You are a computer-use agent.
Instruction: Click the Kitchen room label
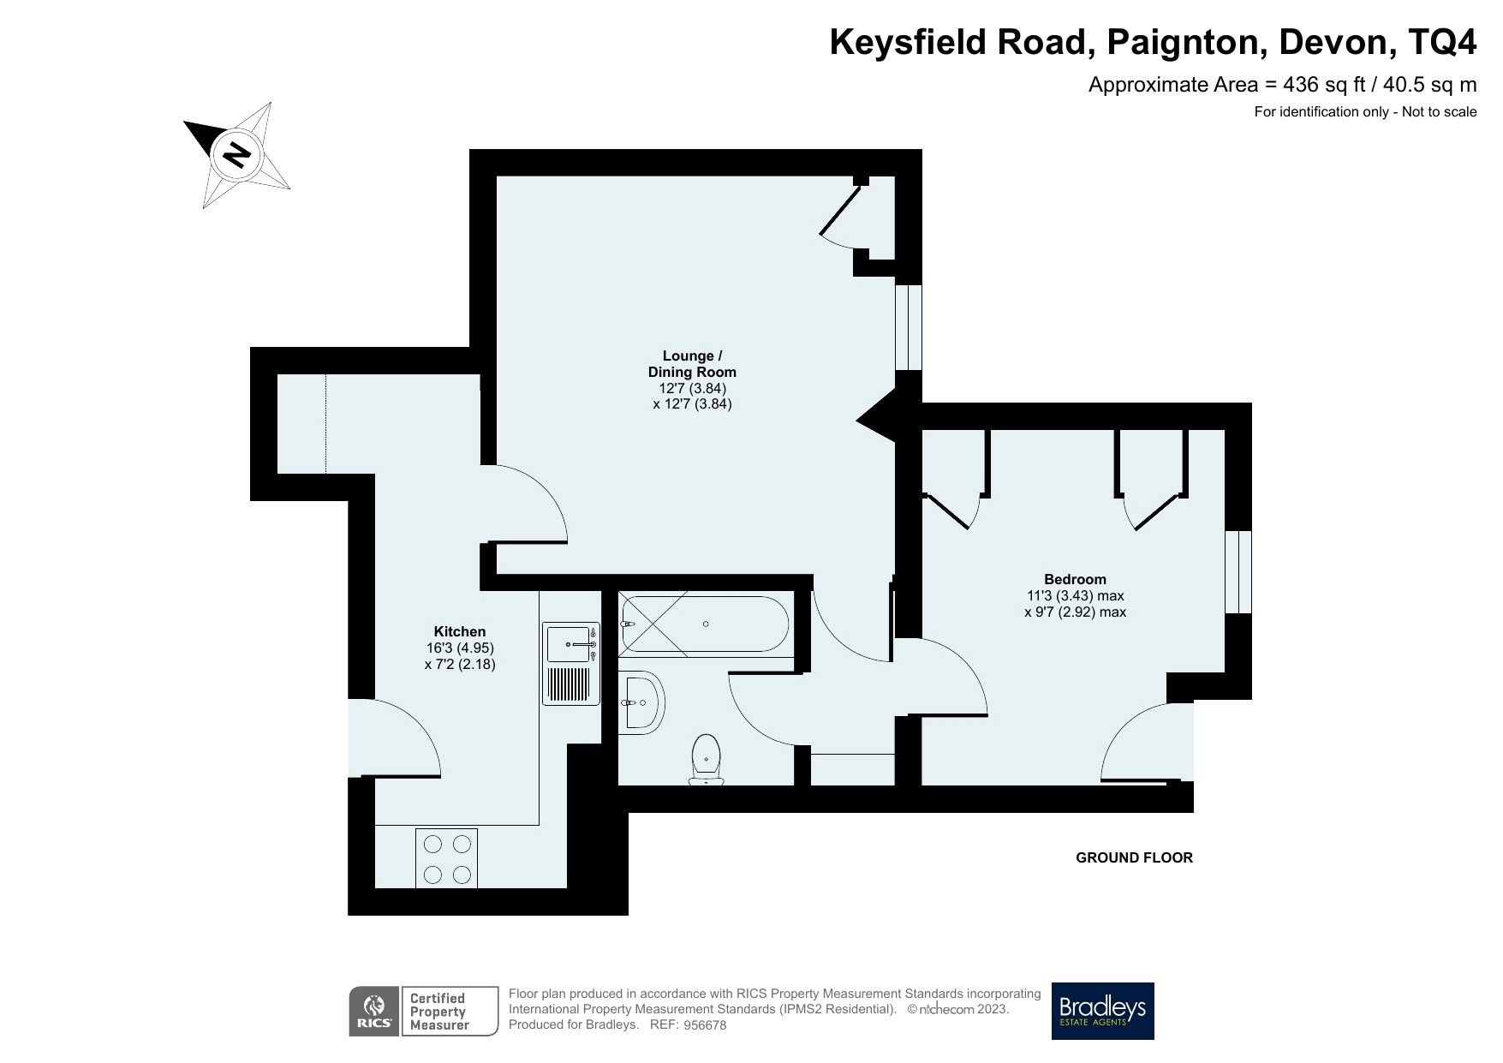pos(460,631)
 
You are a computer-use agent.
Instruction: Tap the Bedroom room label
pos(1075,579)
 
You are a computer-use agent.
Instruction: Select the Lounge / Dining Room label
pos(691,364)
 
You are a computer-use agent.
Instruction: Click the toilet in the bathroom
pos(707,758)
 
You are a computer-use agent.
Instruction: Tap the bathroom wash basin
pos(641,702)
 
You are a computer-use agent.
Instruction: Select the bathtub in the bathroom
pos(704,624)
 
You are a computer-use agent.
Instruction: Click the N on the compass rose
pos(236,155)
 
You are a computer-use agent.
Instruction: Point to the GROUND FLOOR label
pos(1133,857)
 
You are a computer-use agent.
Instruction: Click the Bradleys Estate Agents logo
pos(1102,1011)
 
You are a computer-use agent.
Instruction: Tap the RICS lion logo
pos(373,1011)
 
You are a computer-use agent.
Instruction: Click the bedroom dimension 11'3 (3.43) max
pos(1075,595)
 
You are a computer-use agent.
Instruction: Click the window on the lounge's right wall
pos(909,327)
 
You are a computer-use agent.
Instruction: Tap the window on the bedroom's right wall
pos(1238,572)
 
